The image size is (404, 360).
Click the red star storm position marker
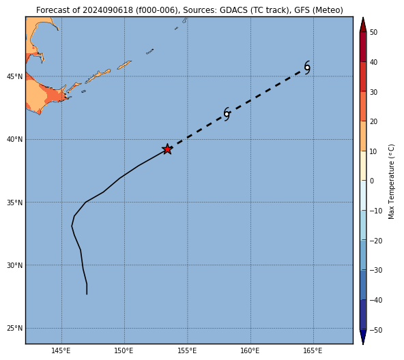[x=167, y=149]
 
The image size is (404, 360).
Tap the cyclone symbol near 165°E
[x=307, y=67]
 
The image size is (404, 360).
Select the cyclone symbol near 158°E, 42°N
[x=227, y=114]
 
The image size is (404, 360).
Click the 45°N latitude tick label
[x=15, y=77]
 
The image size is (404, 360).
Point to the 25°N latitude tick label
[x=15, y=329]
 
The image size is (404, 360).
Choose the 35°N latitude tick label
[x=15, y=202]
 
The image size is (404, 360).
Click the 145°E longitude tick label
[x=61, y=350]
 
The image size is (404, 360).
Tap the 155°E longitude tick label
[x=187, y=350]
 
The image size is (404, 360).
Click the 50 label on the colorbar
[x=373, y=33]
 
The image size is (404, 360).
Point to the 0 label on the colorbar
[x=372, y=181]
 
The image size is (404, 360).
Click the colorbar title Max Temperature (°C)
[x=391, y=181]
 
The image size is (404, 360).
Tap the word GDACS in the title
[x=231, y=10]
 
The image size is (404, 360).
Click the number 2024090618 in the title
[x=108, y=10]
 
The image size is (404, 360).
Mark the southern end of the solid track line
[x=87, y=294]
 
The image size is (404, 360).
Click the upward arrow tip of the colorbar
[x=363, y=17]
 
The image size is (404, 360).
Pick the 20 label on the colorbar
[x=373, y=121]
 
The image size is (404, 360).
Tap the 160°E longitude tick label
[x=250, y=350]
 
